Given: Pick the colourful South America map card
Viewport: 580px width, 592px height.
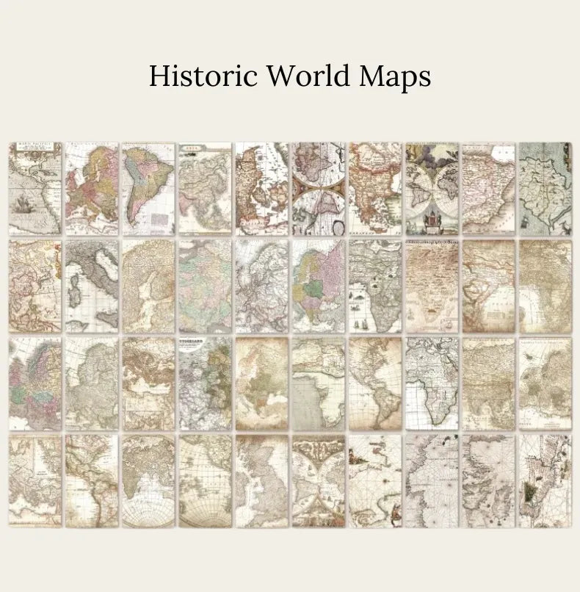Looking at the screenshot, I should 148,188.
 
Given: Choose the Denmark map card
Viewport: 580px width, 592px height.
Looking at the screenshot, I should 261,188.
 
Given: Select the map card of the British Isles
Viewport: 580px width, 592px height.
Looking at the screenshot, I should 261,480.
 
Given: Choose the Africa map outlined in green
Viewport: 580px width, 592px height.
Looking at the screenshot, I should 432,383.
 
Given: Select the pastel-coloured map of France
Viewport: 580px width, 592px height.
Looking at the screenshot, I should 204,286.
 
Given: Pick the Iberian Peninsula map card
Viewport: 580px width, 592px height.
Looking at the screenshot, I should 488,188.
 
